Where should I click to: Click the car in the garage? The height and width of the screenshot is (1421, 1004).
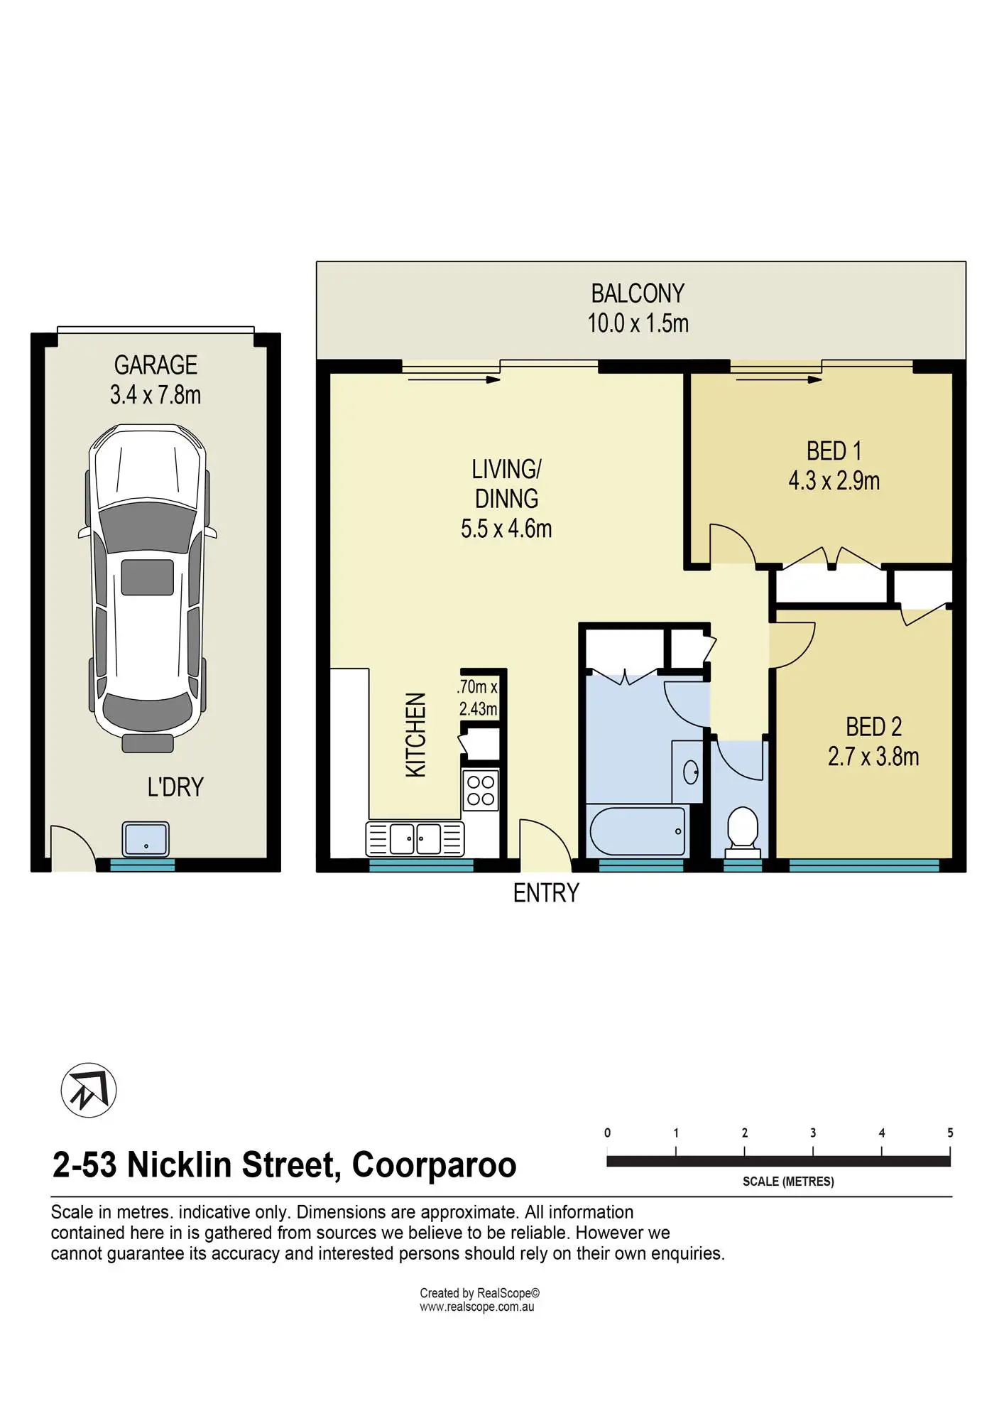[x=148, y=588]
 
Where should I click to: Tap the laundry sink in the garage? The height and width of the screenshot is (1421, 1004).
[x=146, y=839]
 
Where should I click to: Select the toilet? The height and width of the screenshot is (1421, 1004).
[x=743, y=832]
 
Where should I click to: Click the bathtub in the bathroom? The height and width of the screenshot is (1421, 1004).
[x=638, y=831]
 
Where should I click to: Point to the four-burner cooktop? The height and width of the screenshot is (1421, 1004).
[x=481, y=791]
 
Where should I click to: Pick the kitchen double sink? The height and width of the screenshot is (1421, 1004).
[x=415, y=838]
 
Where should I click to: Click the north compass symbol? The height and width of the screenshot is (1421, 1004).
[x=89, y=1090]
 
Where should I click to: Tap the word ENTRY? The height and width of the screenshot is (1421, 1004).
[x=546, y=893]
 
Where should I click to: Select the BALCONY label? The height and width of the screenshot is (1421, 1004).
[x=638, y=293]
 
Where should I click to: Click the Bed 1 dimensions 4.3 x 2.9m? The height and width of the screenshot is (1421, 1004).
[x=834, y=481]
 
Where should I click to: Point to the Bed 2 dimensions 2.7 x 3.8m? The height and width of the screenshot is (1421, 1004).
[x=873, y=757]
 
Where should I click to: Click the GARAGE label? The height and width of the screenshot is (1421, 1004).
[x=155, y=365]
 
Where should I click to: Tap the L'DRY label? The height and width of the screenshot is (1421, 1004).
[x=175, y=787]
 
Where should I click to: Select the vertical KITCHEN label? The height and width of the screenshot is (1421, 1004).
[x=416, y=735]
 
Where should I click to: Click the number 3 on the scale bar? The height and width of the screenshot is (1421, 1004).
[x=813, y=1133]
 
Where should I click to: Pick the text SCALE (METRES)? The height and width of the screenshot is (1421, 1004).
[x=788, y=1182]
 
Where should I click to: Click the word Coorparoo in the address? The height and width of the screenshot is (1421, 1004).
[x=434, y=1165]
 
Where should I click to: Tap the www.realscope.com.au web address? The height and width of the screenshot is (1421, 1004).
[x=476, y=1307]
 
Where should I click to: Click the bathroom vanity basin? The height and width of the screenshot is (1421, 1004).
[x=690, y=772]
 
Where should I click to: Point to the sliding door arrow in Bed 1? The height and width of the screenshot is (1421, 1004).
[x=779, y=379]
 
